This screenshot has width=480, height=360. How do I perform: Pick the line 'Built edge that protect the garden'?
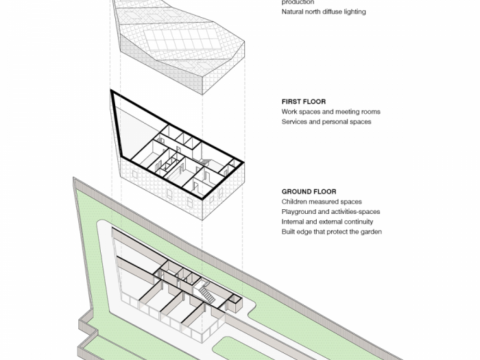click(x=331, y=232)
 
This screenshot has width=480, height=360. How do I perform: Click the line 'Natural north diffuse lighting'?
click(x=323, y=12)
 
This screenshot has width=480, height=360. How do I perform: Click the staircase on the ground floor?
click(x=206, y=293)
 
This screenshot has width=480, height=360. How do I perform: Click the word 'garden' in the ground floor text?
click(x=370, y=232)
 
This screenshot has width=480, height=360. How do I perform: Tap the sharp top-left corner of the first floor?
click(x=112, y=92)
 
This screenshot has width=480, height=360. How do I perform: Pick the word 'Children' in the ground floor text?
click(x=295, y=202)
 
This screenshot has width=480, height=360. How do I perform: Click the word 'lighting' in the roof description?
click(x=353, y=12)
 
